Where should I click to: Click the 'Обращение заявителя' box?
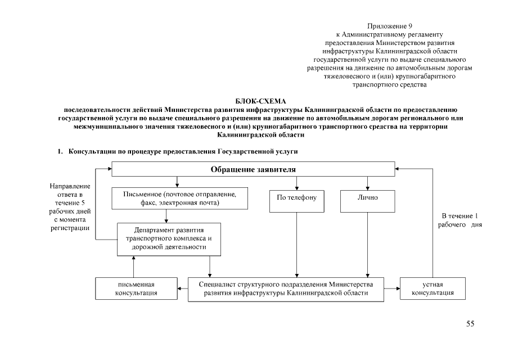coord(253,169)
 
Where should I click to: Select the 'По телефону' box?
coord(297,199)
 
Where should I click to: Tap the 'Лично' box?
coord(367,199)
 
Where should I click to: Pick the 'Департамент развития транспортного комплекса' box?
coord(169,238)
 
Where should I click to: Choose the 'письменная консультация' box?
coord(136,289)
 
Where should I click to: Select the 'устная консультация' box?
coord(433,289)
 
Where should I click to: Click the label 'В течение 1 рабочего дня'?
coord(461,220)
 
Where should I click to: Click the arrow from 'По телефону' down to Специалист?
coord(297,244)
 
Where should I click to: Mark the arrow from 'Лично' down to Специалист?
coord(367,244)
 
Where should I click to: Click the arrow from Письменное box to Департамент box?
coord(166,216)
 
